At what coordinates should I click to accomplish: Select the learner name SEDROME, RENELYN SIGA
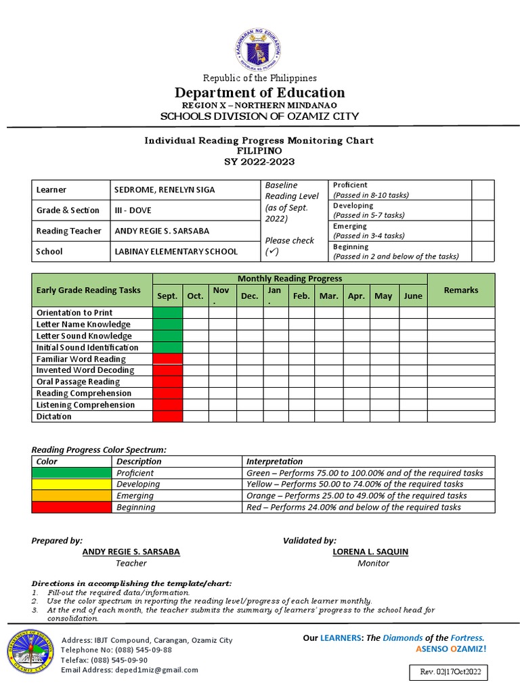click(164, 190)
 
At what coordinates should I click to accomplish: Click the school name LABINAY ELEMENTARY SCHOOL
click(175, 252)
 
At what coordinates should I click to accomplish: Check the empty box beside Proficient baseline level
click(483, 189)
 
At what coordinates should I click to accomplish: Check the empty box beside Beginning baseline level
click(483, 252)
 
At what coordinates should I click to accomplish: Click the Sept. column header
click(167, 296)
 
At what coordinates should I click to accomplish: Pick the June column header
click(412, 296)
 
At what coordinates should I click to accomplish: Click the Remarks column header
click(460, 290)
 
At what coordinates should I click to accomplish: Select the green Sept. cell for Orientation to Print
click(167, 313)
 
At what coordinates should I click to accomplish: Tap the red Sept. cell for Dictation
click(167, 416)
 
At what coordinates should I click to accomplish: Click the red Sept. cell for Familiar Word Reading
click(167, 359)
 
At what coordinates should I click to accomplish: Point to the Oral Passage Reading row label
click(78, 382)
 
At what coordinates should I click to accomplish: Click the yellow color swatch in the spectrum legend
click(72, 485)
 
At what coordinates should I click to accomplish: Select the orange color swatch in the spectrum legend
click(72, 496)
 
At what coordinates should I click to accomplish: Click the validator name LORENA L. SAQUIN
click(370, 552)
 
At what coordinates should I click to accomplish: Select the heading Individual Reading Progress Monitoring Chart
click(259, 140)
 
